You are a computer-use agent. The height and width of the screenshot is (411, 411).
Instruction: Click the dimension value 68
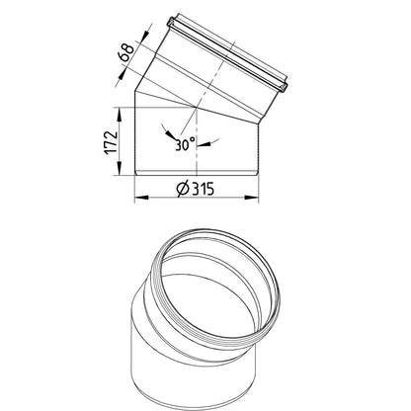pyautogui.click(x=126, y=52)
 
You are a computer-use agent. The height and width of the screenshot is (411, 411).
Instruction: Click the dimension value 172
pyautogui.click(x=111, y=142)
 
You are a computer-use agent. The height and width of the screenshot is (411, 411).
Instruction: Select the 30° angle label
pyautogui.click(x=185, y=144)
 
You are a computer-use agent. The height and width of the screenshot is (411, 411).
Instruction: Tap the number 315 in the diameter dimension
pyautogui.click(x=203, y=189)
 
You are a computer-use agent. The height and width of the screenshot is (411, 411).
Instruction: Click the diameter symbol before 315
pyautogui.click(x=183, y=189)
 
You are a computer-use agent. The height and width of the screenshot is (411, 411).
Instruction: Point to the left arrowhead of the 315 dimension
pyautogui.click(x=141, y=198)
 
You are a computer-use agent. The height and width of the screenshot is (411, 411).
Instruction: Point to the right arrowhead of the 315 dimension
pyautogui.click(x=252, y=198)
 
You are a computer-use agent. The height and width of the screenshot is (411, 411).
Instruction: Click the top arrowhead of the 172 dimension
pyautogui.click(x=120, y=114)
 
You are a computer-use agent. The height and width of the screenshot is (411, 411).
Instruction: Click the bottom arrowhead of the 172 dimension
pyautogui.click(x=120, y=169)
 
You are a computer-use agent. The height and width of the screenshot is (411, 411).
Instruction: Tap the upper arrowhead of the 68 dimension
pyautogui.click(x=143, y=37)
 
